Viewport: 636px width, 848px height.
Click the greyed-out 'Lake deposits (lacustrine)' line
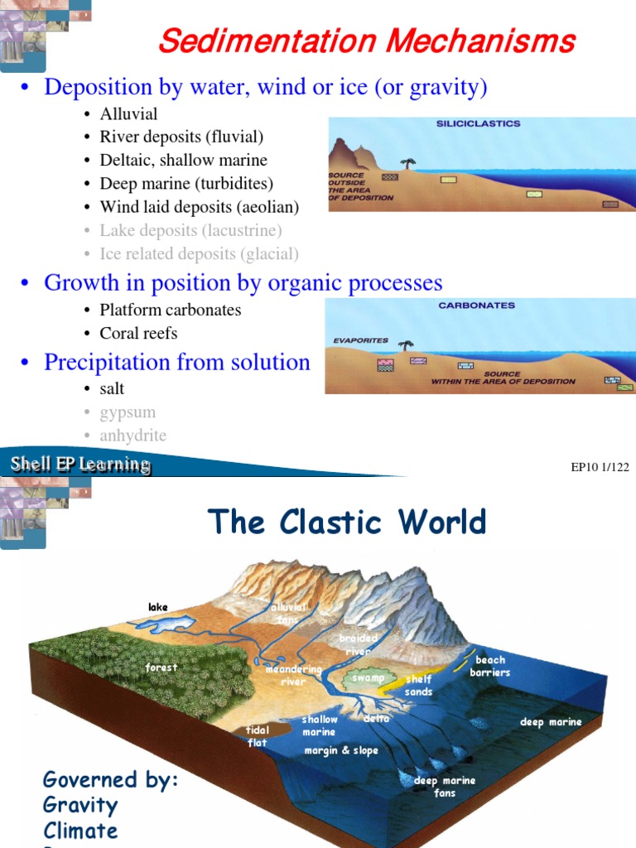coord(190,230)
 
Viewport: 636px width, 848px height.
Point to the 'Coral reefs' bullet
coord(138,333)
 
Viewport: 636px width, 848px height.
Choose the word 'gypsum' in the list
coord(128,412)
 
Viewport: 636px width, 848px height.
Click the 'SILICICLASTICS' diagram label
coord(478,124)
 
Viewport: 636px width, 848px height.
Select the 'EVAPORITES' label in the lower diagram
coord(360,340)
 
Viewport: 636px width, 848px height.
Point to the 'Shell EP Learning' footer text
coord(79,465)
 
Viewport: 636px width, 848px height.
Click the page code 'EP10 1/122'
coord(600,467)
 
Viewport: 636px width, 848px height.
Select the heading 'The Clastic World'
coord(347,523)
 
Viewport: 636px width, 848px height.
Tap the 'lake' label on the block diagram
coord(157,607)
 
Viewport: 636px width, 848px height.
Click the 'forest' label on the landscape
coord(161,667)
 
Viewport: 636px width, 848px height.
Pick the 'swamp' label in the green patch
coord(369,678)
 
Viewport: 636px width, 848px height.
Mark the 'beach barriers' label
coord(490,666)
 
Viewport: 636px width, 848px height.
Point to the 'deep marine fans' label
coord(446,787)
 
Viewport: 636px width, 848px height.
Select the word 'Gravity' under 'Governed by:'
coord(80,805)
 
